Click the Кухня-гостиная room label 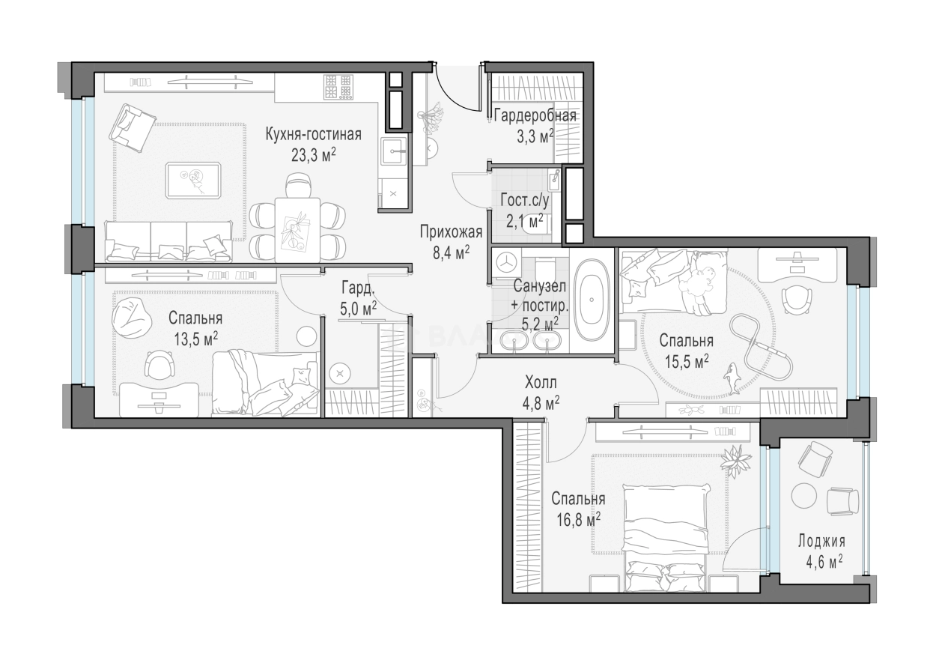point(313,135)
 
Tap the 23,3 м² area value point(314,156)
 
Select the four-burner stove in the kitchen point(338,87)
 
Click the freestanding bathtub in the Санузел point(592,300)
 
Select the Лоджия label point(821,541)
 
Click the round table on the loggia point(803,496)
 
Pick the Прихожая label point(451,231)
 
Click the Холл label point(541,383)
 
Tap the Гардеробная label point(535,115)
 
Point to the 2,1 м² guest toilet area point(524,220)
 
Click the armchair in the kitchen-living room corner point(132,128)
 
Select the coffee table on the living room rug point(193,181)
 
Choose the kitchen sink point(394,151)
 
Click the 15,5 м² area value point(687,361)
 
